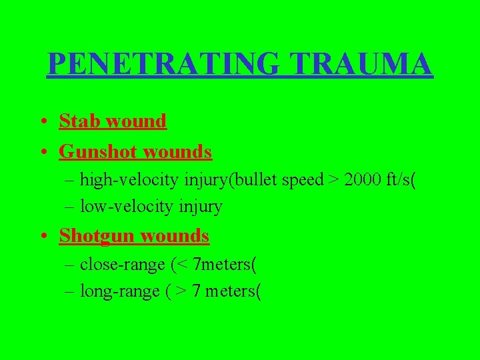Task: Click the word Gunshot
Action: [95, 152]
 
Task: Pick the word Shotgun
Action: [95, 235]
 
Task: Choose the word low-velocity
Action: [119, 207]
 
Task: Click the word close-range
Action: [122, 265]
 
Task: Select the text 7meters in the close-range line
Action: [221, 265]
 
